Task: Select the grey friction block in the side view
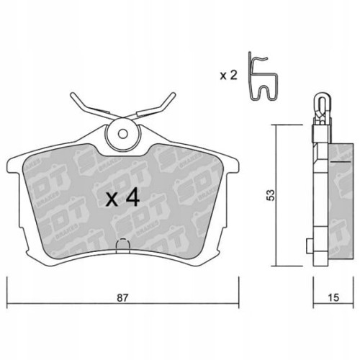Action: coord(336,202)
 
